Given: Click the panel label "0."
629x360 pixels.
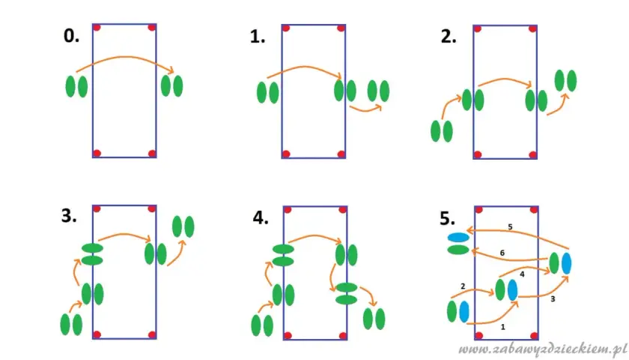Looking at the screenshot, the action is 71,36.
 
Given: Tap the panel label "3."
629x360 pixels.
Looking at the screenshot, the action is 69,216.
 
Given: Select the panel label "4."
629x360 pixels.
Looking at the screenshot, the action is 261,217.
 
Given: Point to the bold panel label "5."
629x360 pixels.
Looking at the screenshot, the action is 448,218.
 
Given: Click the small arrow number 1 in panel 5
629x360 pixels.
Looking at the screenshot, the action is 503,327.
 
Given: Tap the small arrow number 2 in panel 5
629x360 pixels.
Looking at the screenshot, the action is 463,286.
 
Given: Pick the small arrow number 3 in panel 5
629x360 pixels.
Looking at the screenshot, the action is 553,299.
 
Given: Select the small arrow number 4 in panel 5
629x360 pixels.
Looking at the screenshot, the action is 522,274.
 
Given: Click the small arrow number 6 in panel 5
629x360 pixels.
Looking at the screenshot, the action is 502,253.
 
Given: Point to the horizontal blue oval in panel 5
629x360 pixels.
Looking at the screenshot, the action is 458,238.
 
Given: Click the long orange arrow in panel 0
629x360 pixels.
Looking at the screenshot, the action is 126,58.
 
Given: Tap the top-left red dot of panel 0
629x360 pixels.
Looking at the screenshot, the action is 97,27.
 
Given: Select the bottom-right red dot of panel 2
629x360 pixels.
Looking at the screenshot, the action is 532,154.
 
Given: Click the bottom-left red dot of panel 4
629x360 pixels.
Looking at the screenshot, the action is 288,335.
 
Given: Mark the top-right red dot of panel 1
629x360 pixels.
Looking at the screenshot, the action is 341,28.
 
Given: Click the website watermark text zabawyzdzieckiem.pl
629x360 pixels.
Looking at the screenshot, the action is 543,349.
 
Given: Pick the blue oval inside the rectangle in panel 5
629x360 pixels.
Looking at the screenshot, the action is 513,290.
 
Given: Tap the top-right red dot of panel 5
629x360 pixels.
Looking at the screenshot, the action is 533,210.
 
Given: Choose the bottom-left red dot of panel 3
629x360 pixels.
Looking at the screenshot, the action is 97,334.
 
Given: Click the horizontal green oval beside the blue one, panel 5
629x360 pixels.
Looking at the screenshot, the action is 458,250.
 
